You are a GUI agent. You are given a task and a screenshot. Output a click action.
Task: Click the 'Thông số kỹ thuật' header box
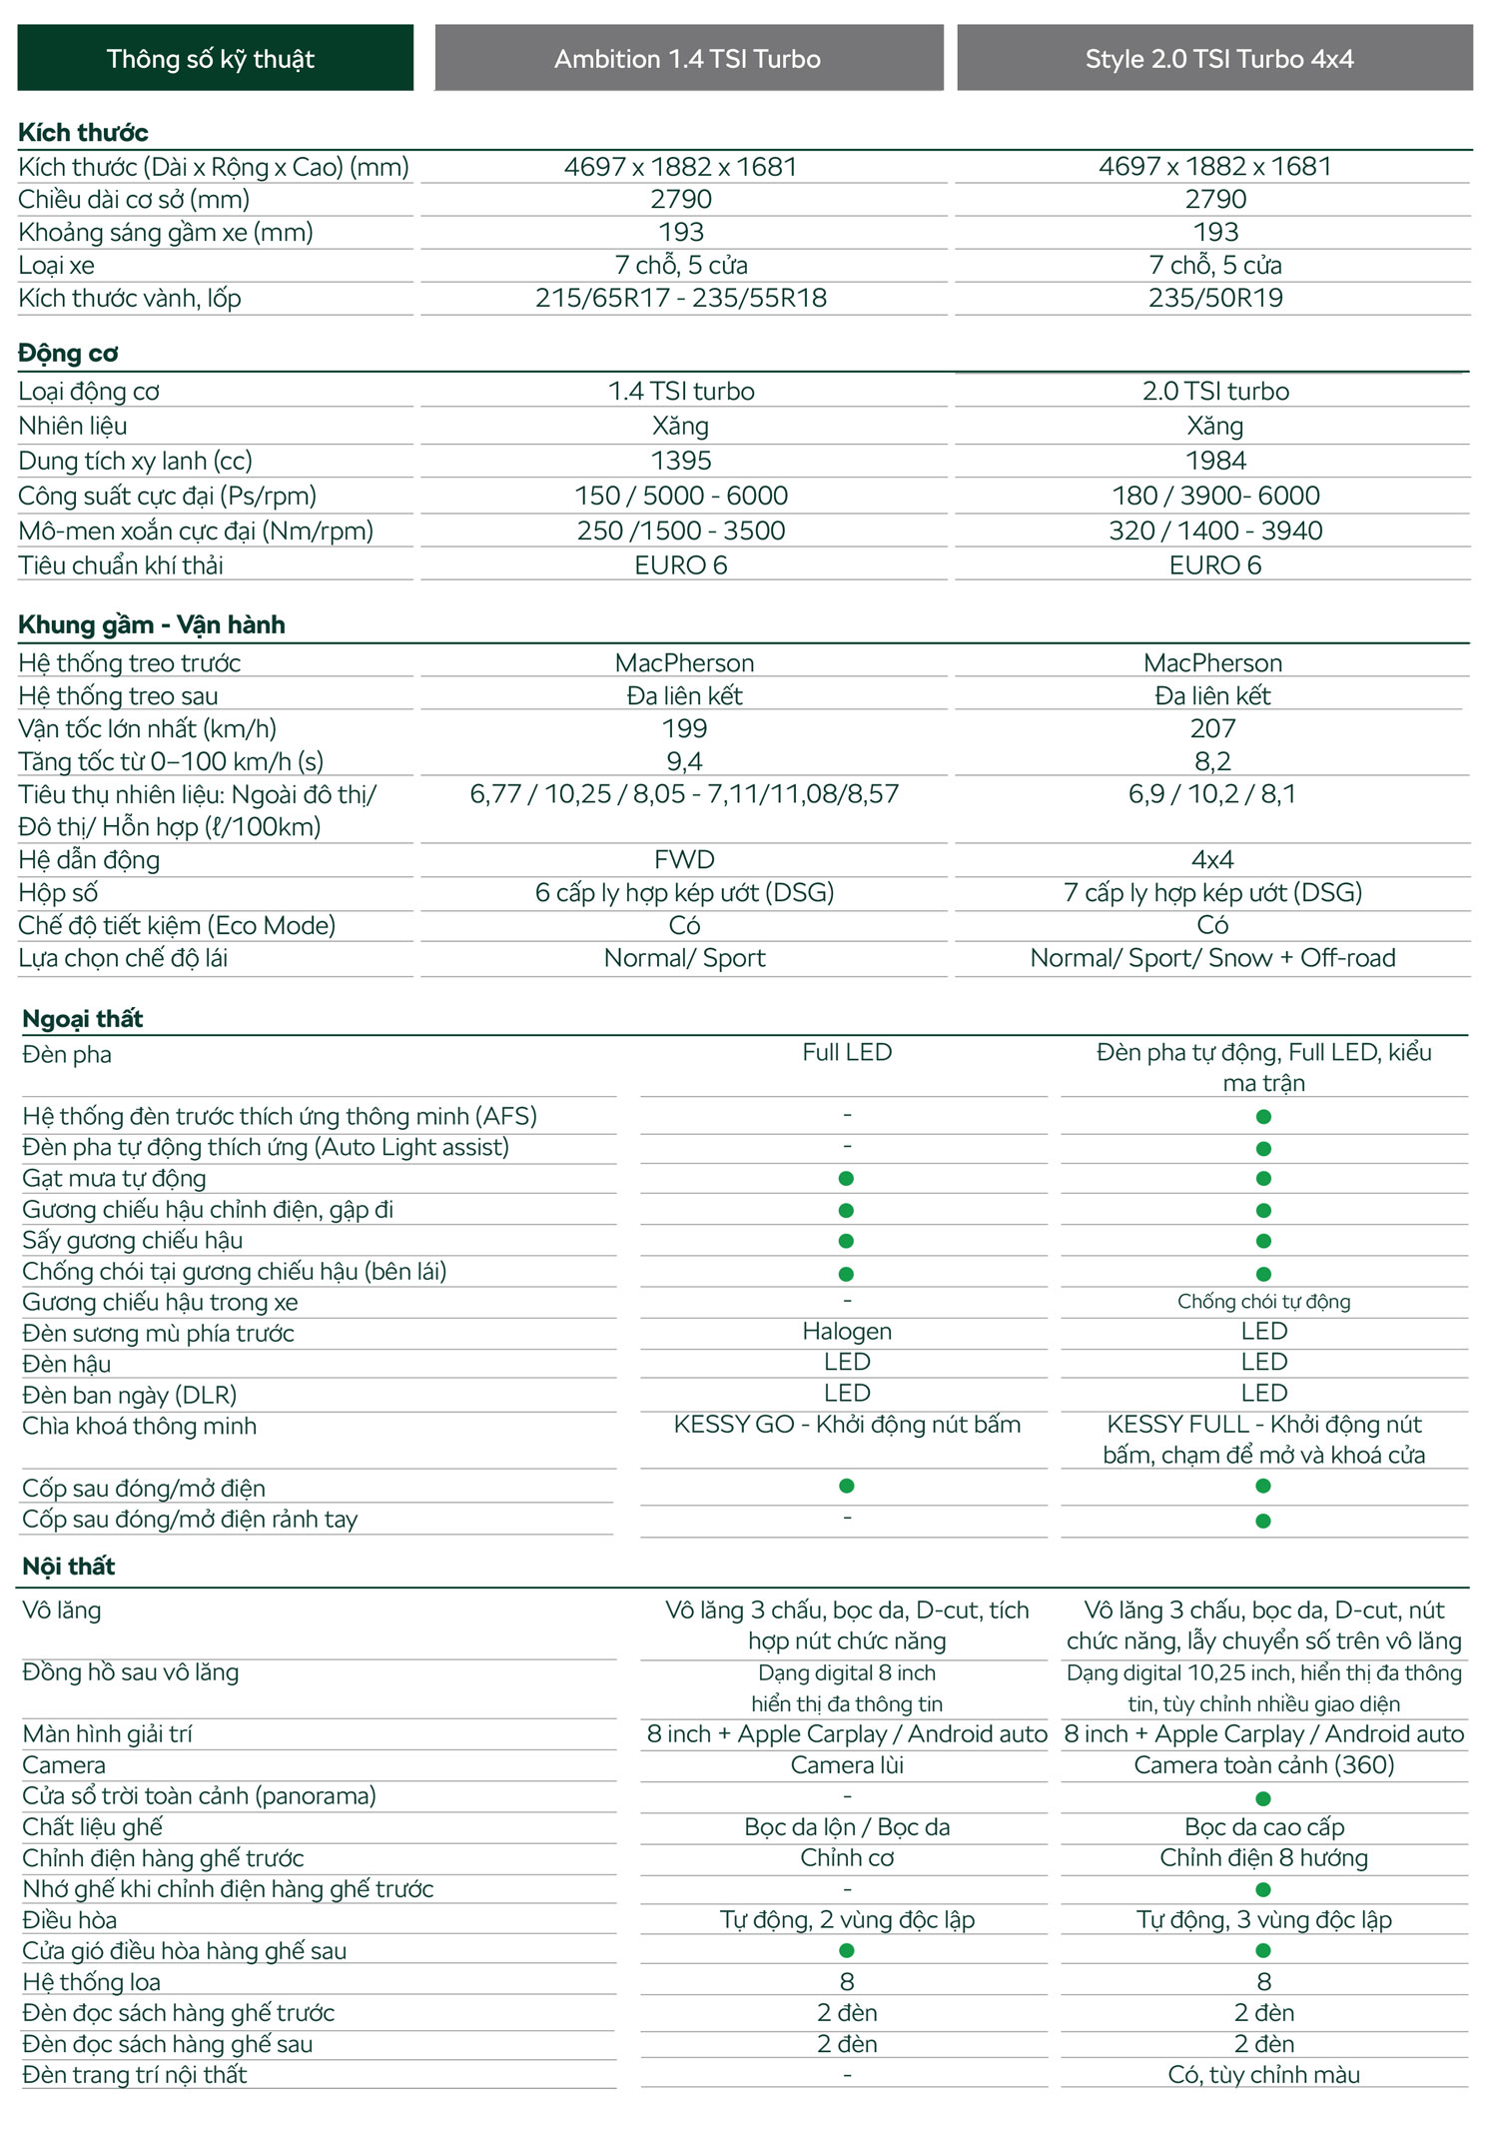215,58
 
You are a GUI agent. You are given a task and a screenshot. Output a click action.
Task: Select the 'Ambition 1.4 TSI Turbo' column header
688,58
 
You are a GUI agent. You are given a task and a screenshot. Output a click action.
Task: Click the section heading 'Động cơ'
68,353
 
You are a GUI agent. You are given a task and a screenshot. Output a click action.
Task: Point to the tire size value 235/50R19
1215,298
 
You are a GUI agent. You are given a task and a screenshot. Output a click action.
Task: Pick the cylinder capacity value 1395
681,461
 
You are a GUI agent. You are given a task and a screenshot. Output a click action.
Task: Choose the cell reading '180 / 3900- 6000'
1215,496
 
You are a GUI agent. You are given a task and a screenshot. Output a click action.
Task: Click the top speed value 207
1212,728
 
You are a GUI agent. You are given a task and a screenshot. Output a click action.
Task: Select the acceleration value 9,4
684,761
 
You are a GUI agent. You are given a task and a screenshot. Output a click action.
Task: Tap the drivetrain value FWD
684,859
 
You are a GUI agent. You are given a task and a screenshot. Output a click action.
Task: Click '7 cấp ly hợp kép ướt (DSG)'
1212,892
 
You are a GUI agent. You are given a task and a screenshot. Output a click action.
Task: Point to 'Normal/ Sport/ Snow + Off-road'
1212,958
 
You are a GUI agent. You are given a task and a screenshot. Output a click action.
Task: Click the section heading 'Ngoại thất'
83,1018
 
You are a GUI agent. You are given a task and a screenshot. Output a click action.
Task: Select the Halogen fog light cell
847,1331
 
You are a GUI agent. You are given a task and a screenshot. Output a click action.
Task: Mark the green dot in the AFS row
1263,1116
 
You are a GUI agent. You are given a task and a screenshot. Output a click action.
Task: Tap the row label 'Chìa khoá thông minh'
139,1426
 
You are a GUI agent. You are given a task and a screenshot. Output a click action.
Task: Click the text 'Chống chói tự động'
1263,1301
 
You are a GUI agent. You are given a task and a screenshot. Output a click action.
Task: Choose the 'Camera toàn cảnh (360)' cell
1263,1764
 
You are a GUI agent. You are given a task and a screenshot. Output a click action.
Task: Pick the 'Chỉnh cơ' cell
847,1857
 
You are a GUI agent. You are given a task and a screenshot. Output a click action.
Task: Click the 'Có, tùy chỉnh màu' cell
1263,2074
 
